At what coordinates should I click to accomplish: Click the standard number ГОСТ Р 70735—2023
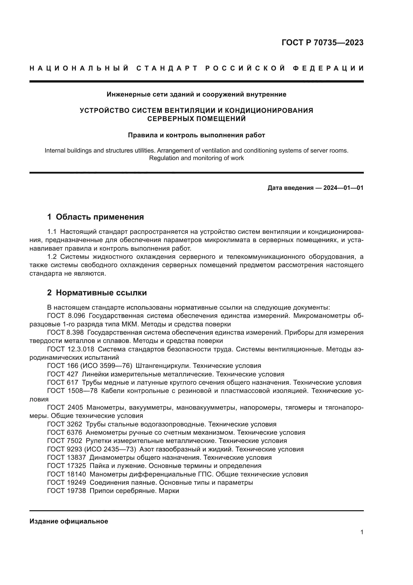coord(322,43)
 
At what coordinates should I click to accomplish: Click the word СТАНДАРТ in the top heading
coord(167,68)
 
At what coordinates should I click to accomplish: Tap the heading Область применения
coord(100,217)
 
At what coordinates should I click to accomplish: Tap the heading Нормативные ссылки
coord(101,293)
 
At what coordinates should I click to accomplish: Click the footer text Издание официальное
coord(69,521)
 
